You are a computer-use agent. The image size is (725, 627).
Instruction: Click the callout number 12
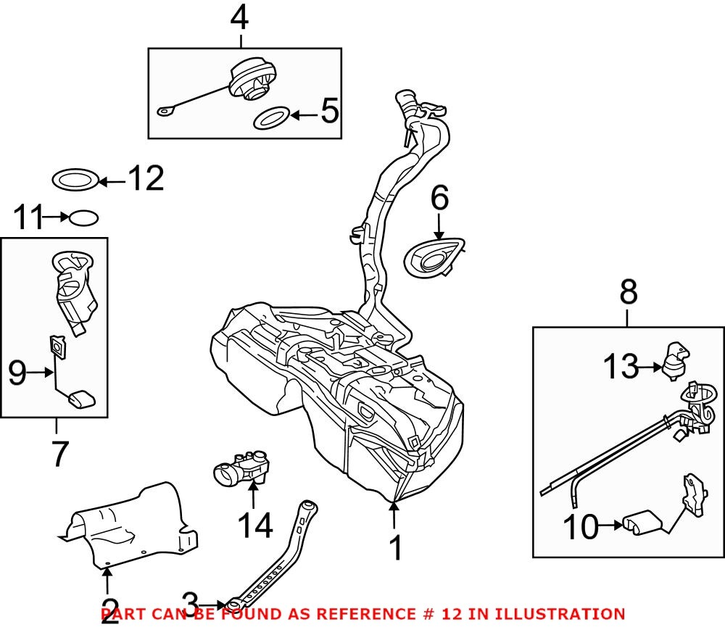click(x=146, y=179)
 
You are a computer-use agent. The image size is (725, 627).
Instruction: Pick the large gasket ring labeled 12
click(x=75, y=179)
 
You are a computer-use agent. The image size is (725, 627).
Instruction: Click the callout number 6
click(x=440, y=199)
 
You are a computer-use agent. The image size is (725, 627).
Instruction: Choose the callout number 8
click(x=629, y=294)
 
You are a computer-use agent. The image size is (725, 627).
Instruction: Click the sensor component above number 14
click(x=241, y=471)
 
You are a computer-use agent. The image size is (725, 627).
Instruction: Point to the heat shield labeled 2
click(x=127, y=526)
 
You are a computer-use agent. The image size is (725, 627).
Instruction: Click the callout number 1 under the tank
click(x=394, y=549)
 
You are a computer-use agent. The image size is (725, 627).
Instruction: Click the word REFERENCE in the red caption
click(x=362, y=614)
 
